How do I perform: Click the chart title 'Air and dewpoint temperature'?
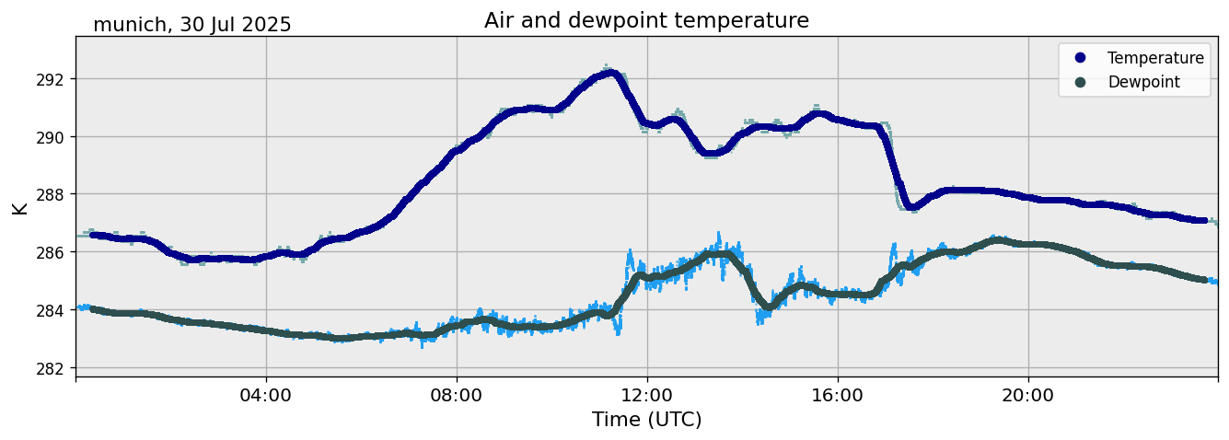(646, 20)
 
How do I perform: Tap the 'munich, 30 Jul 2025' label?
(191, 25)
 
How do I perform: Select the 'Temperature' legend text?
(1155, 58)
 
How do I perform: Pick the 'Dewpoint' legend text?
(1143, 82)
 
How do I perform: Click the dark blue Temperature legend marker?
(1080, 58)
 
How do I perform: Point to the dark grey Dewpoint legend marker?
(1080, 82)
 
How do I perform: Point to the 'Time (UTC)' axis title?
(646, 420)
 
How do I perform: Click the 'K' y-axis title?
(19, 207)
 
